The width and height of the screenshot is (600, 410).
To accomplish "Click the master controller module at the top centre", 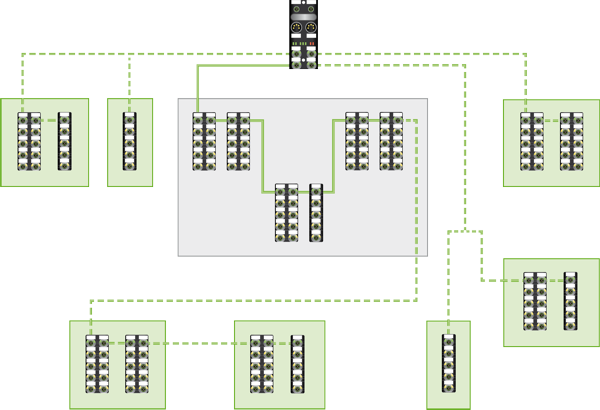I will point(303,34).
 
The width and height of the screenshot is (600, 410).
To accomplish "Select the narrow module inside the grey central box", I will point(316,212).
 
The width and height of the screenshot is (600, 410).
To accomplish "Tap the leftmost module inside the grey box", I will point(204,141).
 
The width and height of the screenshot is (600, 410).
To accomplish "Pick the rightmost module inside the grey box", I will point(391,141).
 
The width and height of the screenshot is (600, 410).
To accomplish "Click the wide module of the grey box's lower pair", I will point(286,212).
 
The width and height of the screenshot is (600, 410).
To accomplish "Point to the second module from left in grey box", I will point(238,141).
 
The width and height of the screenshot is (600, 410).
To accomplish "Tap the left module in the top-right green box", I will point(532,141).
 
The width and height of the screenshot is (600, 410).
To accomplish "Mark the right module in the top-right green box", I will point(570,141).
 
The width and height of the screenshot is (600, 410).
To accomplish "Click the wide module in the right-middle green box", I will point(536,301).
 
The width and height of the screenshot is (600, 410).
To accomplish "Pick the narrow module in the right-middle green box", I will point(571,301).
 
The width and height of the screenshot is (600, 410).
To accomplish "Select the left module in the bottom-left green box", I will point(97,364).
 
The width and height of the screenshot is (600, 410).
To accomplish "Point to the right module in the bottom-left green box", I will point(137,364).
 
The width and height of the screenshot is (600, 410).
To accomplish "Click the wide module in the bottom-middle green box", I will point(262,364).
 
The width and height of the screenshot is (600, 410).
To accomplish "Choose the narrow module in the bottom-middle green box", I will point(297,364).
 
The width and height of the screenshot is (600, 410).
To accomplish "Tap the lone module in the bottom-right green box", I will point(448,364).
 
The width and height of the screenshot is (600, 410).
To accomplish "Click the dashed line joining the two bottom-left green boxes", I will point(200,343).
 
